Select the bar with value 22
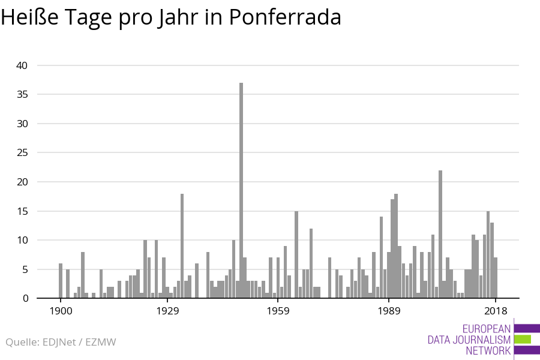pyautogui.click(x=440, y=234)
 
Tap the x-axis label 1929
pyautogui.click(x=168, y=311)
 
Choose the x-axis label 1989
pyautogui.click(x=389, y=311)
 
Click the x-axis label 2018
pyautogui.click(x=496, y=311)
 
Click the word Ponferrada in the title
pyautogui.click(x=285, y=18)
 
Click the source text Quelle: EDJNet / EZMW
pyautogui.click(x=61, y=342)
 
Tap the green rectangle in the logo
pyautogui.click(x=523, y=339)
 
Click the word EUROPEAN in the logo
pyautogui.click(x=487, y=329)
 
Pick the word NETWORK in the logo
pyautogui.click(x=488, y=350)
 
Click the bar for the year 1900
pyautogui.click(x=61, y=281)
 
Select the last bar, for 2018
pyautogui.click(x=496, y=278)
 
